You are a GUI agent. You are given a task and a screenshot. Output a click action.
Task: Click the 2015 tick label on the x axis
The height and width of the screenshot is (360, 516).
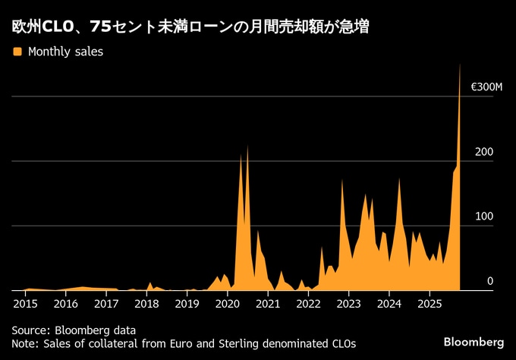point(25,303)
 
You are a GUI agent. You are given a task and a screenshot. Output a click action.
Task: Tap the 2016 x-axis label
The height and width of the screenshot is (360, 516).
point(65,303)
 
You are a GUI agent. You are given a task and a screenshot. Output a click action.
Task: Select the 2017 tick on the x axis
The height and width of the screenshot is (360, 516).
point(106,303)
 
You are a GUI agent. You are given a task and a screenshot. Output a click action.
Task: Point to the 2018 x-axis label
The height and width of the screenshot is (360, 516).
point(146,303)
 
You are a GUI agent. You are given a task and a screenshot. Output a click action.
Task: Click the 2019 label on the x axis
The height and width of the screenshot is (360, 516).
point(187,303)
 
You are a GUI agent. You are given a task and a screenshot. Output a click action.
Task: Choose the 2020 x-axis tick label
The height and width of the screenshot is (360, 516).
point(228,303)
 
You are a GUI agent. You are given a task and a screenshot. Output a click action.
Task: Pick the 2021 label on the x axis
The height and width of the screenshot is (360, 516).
point(268,303)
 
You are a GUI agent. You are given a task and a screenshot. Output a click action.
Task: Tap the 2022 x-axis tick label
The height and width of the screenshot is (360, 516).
point(308,303)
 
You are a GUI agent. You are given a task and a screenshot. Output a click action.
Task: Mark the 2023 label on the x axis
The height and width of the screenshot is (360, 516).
point(349,303)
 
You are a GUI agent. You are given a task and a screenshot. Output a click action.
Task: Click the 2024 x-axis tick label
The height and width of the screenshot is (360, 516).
point(389,303)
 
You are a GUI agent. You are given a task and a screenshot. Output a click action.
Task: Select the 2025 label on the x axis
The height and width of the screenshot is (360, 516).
point(429,303)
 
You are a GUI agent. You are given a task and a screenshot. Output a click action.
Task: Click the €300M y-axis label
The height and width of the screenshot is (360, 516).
point(486,87)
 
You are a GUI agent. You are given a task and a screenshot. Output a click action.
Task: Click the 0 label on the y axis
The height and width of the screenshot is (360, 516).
point(490,281)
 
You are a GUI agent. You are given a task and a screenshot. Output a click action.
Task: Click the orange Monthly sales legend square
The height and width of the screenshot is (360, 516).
point(17,52)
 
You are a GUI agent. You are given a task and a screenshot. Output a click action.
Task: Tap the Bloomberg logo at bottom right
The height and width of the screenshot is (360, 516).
point(474,339)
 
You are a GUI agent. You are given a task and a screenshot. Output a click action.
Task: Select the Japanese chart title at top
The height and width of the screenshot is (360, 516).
point(191,27)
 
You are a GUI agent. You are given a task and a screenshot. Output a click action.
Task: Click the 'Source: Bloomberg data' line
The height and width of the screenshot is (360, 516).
point(74,330)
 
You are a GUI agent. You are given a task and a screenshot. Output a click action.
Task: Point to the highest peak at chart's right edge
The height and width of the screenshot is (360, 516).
point(460,65)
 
